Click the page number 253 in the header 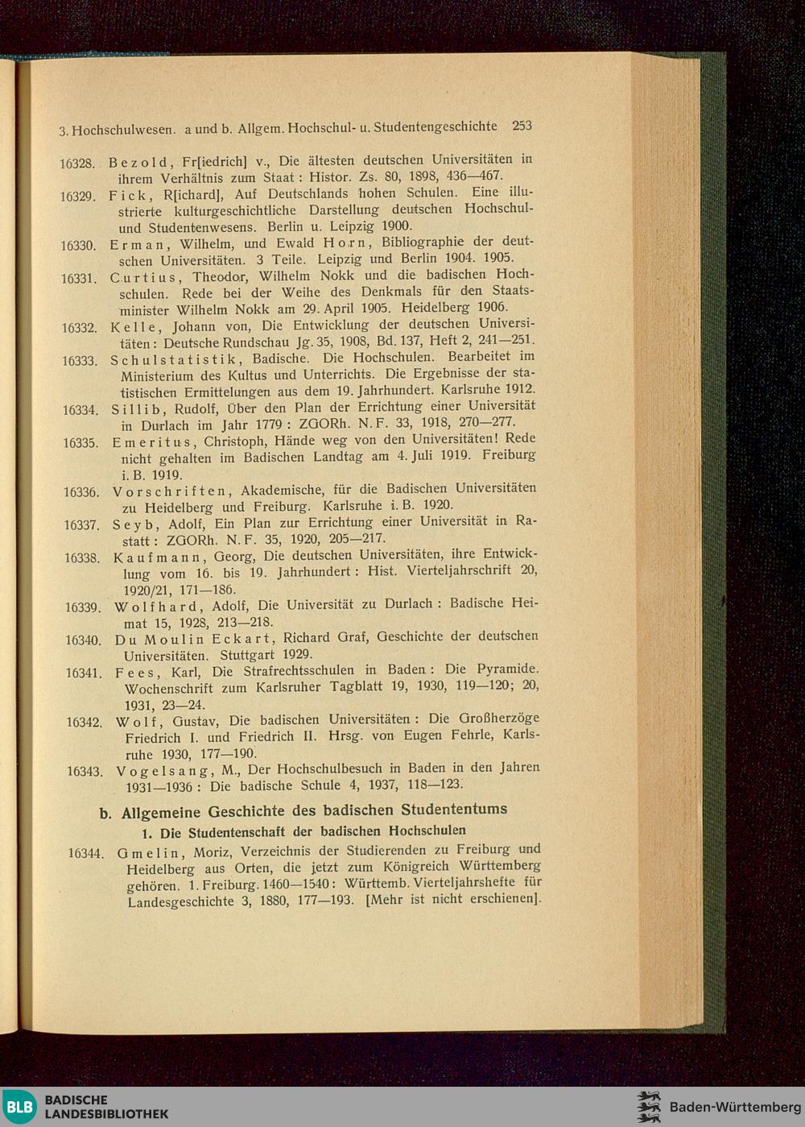pos(522,126)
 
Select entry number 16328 pos(77,164)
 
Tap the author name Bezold pos(138,161)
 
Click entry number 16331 pos(79,279)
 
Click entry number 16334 pos(80,410)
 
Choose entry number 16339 pos(83,607)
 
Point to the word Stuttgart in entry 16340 pos(247,655)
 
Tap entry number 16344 pos(85,853)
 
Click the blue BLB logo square pos(20,1107)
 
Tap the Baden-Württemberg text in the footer pos(735,1107)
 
